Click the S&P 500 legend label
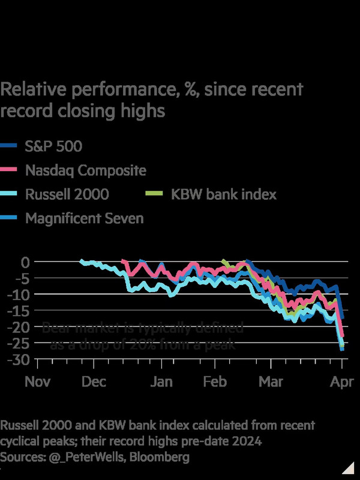click(53, 146)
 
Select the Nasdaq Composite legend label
click(85, 170)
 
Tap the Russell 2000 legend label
click(67, 194)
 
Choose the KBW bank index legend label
click(223, 194)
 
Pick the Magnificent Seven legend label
click(84, 218)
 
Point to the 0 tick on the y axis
click(25, 262)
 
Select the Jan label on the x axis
click(161, 382)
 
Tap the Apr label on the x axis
click(343, 382)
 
